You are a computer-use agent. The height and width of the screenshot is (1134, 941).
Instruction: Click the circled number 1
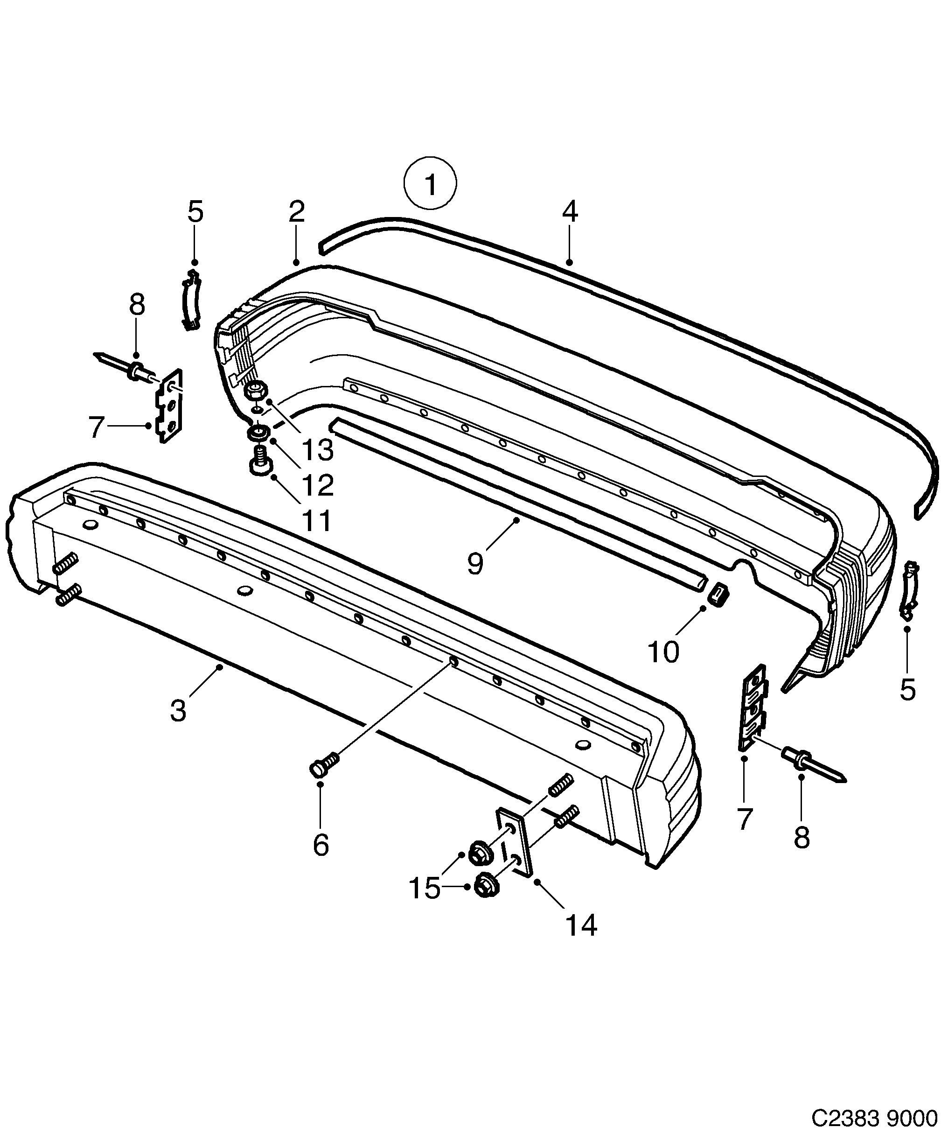(x=430, y=183)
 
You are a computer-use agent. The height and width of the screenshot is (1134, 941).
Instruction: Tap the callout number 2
(x=296, y=212)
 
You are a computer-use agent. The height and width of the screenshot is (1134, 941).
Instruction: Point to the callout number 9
(x=475, y=564)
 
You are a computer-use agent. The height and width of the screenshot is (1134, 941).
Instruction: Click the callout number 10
(x=663, y=652)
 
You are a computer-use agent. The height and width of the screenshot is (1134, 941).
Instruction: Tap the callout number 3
(x=178, y=710)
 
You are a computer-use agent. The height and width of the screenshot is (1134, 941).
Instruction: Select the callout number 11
(x=316, y=520)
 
